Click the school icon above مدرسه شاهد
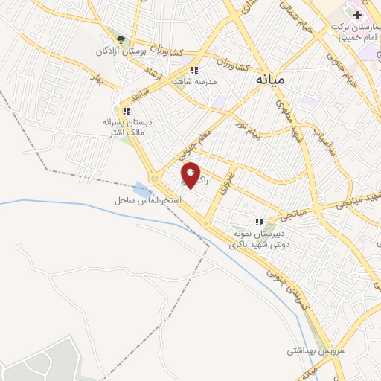point(194,69)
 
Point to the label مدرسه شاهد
point(194,80)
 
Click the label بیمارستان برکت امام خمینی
point(353,31)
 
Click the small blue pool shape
point(142,188)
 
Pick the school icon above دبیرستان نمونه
point(259,221)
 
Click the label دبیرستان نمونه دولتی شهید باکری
point(258,237)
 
